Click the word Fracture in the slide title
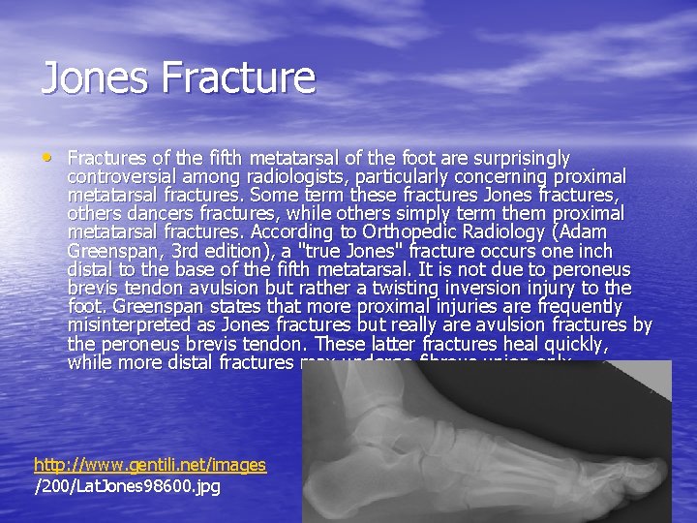tap(240, 78)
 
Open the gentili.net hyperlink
tap(150, 465)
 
